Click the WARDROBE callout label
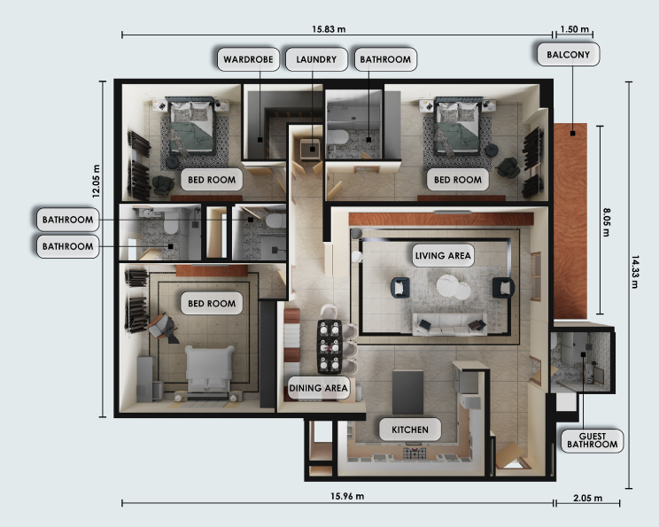[x=248, y=59]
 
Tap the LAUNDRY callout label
[x=316, y=59]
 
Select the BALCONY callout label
[x=569, y=54]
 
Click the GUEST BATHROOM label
[x=593, y=440]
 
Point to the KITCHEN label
[x=410, y=430]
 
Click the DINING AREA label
[x=318, y=388]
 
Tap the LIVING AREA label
[x=443, y=255]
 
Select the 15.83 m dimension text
[x=329, y=29]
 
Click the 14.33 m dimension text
[x=635, y=272]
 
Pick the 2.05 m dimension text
[x=587, y=498]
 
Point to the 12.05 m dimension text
[x=97, y=182]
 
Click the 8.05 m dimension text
[x=607, y=222]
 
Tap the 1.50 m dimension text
[x=575, y=29]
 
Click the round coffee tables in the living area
[x=454, y=287]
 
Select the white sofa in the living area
[x=450, y=324]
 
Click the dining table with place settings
[x=329, y=346]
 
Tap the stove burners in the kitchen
[x=415, y=453]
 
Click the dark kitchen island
[x=407, y=391]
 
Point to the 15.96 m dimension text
[x=347, y=496]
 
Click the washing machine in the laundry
[x=310, y=149]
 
